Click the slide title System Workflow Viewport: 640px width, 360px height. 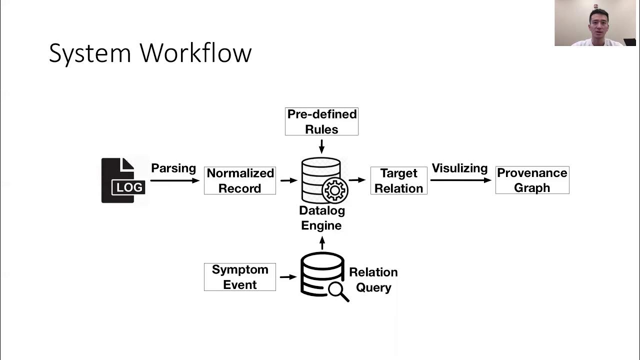(x=150, y=53)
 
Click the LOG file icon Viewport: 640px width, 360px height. (x=123, y=180)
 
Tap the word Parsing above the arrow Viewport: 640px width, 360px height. (x=173, y=168)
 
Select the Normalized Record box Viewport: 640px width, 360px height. (x=240, y=180)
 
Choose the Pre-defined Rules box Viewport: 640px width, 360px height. (x=321, y=121)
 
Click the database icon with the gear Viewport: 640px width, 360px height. (x=322, y=180)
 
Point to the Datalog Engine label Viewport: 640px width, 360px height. (x=321, y=218)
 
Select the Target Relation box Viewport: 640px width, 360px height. (x=398, y=180)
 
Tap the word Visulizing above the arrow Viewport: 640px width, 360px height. (x=459, y=168)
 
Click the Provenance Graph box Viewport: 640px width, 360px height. (x=532, y=180)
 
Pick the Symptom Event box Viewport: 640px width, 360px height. (x=240, y=277)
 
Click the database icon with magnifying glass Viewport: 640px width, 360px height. (x=323, y=276)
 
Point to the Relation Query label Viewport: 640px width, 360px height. (x=373, y=280)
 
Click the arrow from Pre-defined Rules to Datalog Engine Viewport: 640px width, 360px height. (x=321, y=146)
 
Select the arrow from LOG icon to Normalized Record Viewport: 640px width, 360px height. (x=174, y=180)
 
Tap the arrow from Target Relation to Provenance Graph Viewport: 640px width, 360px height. (x=460, y=180)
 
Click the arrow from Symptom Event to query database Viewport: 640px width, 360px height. (x=288, y=276)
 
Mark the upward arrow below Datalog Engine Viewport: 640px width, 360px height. (x=322, y=243)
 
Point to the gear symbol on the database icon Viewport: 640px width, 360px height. (x=335, y=190)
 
